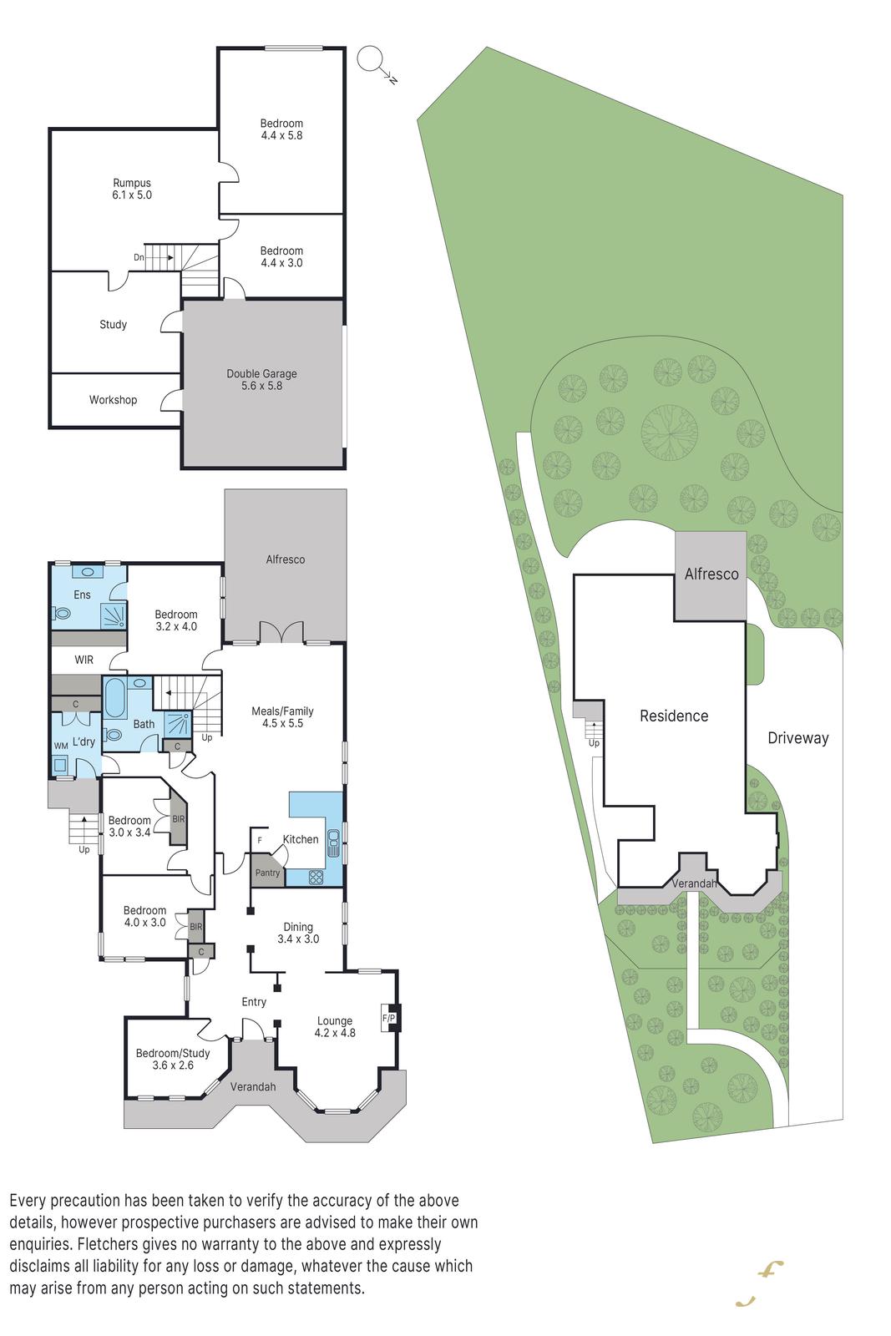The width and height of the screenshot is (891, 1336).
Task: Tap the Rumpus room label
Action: coord(132,189)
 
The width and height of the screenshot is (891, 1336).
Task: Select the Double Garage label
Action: coord(262,380)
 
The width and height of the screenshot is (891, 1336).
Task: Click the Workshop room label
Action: coord(114,400)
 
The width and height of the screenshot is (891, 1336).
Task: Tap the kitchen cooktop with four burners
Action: coord(316,877)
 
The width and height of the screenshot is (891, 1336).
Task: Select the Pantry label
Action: coord(267,873)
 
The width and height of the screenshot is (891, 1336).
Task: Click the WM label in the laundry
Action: coord(61,746)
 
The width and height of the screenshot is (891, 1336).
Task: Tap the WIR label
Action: coord(84,660)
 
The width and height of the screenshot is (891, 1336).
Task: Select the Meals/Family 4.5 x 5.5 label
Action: coord(283,717)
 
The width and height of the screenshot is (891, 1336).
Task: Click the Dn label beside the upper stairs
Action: coord(139,258)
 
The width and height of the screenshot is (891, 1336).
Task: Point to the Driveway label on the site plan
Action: coord(798,738)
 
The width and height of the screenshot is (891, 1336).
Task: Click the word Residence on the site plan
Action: coord(674,716)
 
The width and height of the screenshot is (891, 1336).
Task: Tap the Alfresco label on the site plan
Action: coord(711,574)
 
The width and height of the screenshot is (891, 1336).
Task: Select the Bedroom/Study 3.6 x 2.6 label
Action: coord(173,1060)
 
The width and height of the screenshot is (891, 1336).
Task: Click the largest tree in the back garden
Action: coord(670,433)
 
